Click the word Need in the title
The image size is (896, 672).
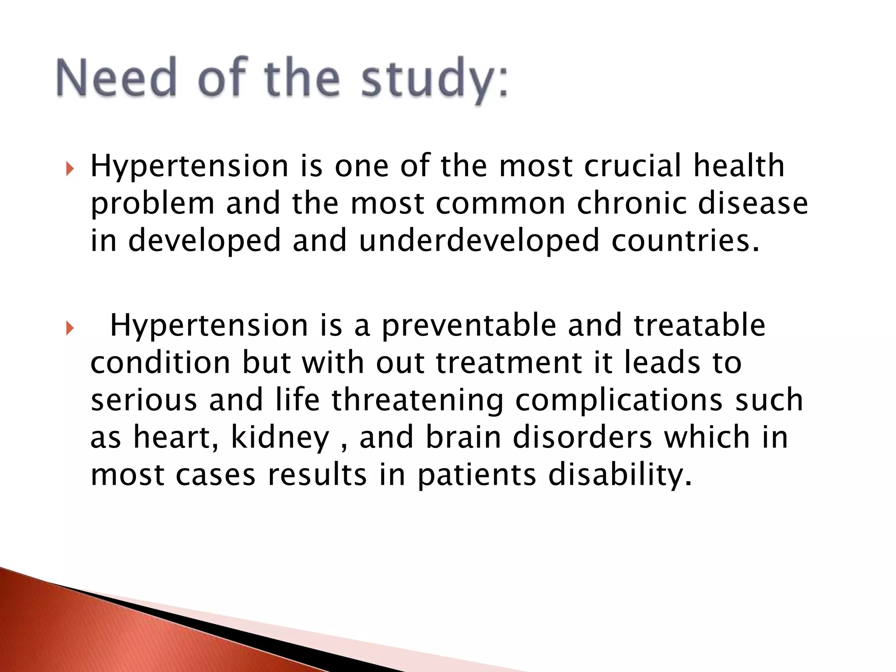tap(116, 78)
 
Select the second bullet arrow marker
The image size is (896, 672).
tap(70, 328)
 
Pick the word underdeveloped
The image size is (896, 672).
tap(479, 241)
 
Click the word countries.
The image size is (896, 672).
tap(685, 241)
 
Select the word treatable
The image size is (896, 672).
tap(700, 325)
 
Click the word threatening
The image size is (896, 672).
tap(417, 400)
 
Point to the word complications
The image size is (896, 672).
tap(619, 400)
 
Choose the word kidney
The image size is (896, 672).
tap(280, 437)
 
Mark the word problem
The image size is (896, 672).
tap(152, 204)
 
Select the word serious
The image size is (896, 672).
tap(144, 400)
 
